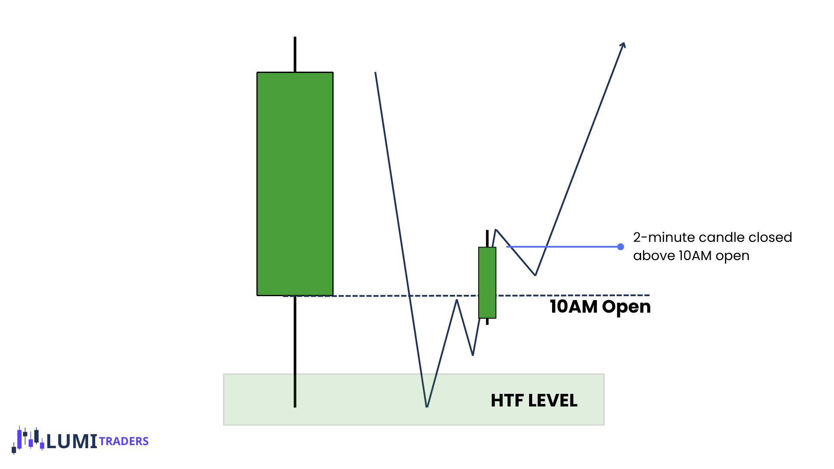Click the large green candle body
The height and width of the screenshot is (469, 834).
point(295,184)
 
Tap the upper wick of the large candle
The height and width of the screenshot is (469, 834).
point(295,54)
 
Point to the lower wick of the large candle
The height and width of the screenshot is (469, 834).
point(295,352)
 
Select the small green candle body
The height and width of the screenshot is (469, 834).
point(487,283)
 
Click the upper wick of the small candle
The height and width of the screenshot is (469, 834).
point(487,238)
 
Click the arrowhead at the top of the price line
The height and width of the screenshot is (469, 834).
point(623,45)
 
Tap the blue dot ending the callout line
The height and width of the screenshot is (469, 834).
point(621,247)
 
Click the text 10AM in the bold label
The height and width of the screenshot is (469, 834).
point(573,307)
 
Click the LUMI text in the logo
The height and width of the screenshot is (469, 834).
point(72,442)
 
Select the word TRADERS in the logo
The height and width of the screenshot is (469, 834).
point(124,441)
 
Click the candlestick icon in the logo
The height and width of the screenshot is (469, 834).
point(28,439)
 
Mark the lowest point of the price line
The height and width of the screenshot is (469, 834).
point(427,406)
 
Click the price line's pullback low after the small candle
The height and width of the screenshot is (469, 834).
point(535,274)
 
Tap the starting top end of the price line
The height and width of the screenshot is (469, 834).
point(375,73)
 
